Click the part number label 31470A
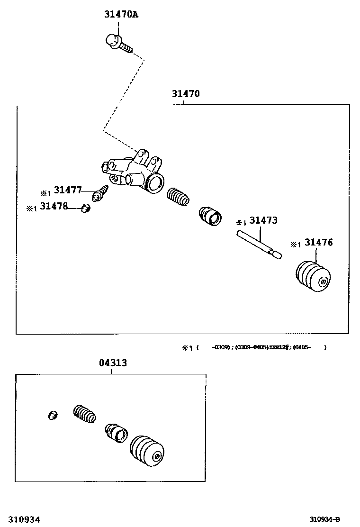pos(121,15)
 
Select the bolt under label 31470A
pos(118,42)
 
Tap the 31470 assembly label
pos(186,94)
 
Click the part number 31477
pos(67,190)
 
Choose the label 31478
pos(54,206)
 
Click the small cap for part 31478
pos(86,208)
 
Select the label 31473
pos(263,220)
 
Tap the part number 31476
pos(318,243)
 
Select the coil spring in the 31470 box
pos(178,197)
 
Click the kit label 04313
pos(113,363)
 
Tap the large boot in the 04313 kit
pos(147,452)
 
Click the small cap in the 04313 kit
pos(53,415)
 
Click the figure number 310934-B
pos(325,519)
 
